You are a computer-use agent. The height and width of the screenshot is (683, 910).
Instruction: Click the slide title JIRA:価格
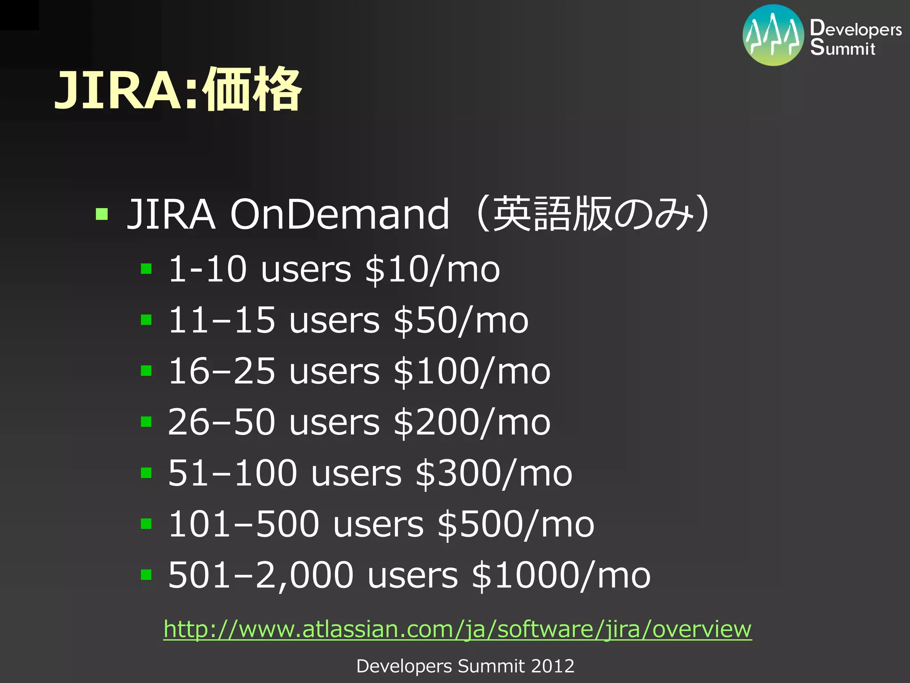coord(178,90)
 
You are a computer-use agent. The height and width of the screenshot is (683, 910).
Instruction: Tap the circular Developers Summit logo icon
coord(773,35)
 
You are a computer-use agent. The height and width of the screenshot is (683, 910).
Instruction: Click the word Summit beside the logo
coord(842,48)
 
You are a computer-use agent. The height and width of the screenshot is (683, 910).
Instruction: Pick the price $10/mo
coord(432,269)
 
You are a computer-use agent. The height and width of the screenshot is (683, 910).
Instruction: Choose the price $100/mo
coord(472,371)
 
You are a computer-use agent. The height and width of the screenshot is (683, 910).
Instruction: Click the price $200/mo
coord(472,422)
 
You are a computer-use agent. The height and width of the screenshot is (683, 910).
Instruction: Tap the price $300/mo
coord(494,473)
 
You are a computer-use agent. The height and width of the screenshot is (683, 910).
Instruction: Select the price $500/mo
coord(515,524)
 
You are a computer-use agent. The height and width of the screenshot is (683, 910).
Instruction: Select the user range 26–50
coord(221,422)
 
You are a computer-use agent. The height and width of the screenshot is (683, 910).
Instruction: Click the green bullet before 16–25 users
coord(146,370)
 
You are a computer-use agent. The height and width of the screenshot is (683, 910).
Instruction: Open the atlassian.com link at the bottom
coord(457,629)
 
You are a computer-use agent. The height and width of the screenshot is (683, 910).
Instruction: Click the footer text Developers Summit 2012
coord(465,666)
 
